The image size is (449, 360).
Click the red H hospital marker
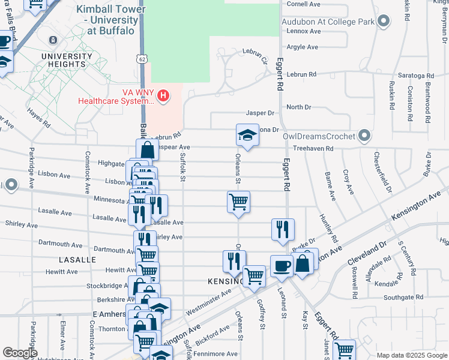tap(163, 95)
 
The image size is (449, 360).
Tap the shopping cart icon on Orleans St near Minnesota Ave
tap(238, 202)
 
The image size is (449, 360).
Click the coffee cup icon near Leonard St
tap(280, 266)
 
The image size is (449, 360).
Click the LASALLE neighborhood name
tap(77, 260)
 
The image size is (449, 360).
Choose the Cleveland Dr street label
tap(367, 254)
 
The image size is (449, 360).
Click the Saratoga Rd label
tap(418, 76)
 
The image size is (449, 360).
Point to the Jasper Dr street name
tap(259, 113)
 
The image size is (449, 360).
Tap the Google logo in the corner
tap(19, 353)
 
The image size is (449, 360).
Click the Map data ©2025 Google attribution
tap(411, 355)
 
